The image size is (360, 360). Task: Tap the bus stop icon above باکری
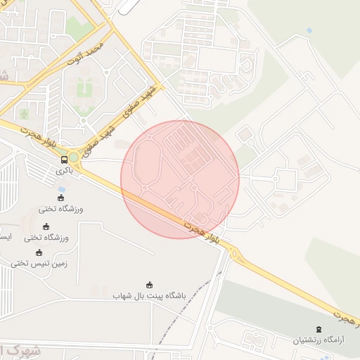point(65,159)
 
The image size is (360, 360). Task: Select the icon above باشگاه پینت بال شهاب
point(149,285)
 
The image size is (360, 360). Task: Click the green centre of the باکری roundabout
point(72,157)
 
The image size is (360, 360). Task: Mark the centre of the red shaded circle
point(180,179)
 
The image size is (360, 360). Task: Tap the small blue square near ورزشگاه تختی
point(62,190)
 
